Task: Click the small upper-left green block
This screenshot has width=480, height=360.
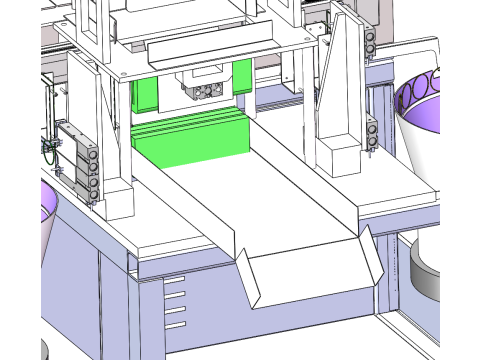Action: (144, 95)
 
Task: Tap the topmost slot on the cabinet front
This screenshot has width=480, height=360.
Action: (175, 280)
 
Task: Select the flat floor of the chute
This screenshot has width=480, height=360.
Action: (260, 195)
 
